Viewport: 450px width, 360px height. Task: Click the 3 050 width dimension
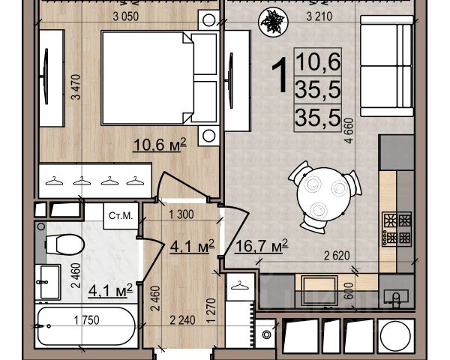[126, 16]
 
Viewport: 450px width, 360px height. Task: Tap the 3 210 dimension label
[319, 16]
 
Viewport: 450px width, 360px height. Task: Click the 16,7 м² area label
[261, 246]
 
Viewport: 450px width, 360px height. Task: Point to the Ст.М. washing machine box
[121, 216]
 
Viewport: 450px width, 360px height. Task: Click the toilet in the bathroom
[64, 244]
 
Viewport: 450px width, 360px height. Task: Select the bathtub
[86, 326]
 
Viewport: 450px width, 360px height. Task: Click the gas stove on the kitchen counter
[397, 229]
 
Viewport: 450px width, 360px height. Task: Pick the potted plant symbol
[273, 22]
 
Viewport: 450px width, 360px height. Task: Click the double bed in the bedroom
[159, 78]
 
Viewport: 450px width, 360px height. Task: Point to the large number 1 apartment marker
[280, 75]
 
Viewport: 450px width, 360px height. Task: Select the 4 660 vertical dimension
[349, 130]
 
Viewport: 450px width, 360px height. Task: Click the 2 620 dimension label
[337, 256]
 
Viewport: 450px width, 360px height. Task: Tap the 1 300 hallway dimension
[181, 214]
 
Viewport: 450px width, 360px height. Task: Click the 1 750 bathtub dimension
[87, 320]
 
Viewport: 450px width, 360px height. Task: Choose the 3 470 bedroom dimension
[76, 87]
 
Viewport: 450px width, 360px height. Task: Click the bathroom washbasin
[48, 282]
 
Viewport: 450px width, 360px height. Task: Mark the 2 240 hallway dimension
[182, 320]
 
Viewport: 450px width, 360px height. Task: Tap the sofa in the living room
[386, 66]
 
